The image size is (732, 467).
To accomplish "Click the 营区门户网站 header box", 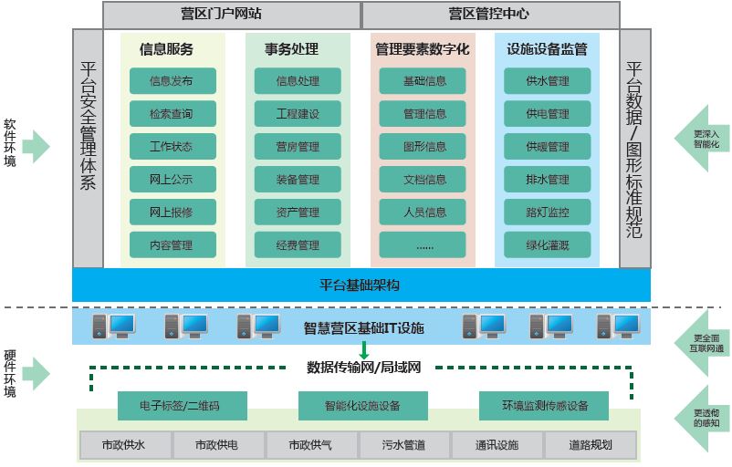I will tap(232, 15).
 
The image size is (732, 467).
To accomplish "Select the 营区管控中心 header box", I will tap(490, 15).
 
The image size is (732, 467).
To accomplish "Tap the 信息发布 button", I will tap(172, 81).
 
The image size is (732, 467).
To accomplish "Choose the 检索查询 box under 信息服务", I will tap(172, 114).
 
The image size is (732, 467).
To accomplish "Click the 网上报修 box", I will tap(172, 213).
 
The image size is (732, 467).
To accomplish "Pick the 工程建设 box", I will tap(298, 114).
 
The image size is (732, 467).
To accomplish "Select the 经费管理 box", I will tap(298, 245).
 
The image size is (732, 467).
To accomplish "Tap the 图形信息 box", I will tap(424, 147).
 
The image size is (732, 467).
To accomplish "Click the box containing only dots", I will tap(424, 245).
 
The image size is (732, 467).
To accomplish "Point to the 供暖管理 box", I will tap(547, 147).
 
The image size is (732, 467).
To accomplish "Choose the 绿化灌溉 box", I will tap(547, 245).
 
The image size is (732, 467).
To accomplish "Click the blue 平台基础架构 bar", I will tap(361, 285).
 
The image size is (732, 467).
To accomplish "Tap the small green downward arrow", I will tap(363, 349).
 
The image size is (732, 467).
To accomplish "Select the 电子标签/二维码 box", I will tap(180, 405).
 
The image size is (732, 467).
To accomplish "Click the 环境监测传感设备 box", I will tap(545, 405).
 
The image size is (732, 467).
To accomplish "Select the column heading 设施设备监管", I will tap(547, 49).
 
